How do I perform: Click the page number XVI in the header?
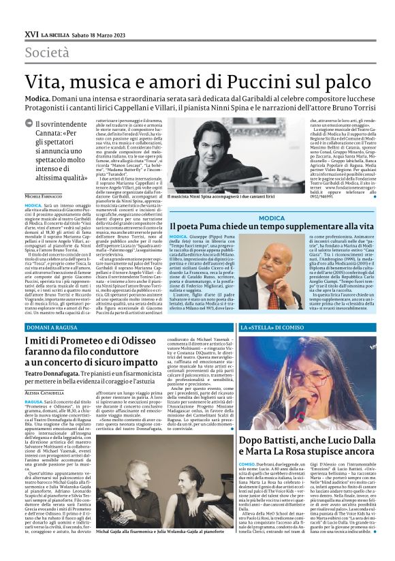(x=31, y=33)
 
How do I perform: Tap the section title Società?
(x=47, y=52)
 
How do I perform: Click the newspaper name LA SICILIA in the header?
(x=55, y=34)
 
